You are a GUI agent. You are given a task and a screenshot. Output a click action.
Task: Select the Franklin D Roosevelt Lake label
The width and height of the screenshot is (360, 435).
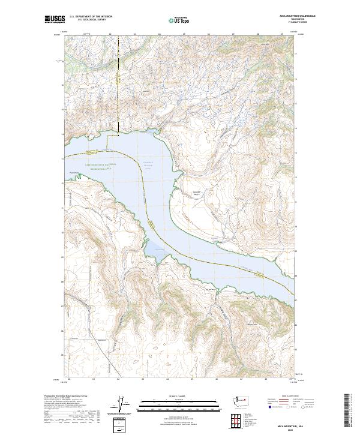click(x=148, y=166)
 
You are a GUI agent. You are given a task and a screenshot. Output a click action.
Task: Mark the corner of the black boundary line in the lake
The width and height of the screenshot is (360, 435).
click(x=107, y=136)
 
